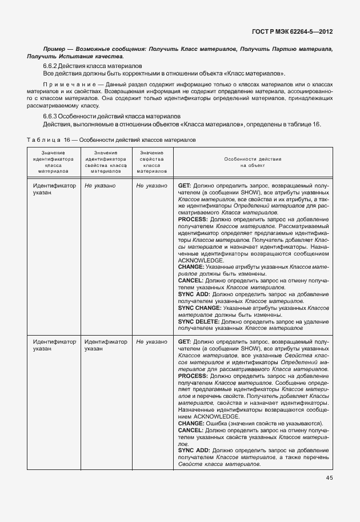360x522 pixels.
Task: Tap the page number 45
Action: pyautogui.click(x=330, y=478)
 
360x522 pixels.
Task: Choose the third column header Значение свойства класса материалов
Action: pyautogui.click(x=151, y=162)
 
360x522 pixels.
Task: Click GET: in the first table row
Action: pyautogui.click(x=185, y=186)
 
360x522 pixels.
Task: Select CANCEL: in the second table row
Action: pyautogui.click(x=190, y=429)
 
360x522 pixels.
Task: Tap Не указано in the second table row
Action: pyautogui.click(x=151, y=342)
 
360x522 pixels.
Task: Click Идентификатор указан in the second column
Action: pyautogui.click(x=105, y=345)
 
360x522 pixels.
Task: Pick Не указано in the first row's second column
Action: pyautogui.click(x=100, y=186)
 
